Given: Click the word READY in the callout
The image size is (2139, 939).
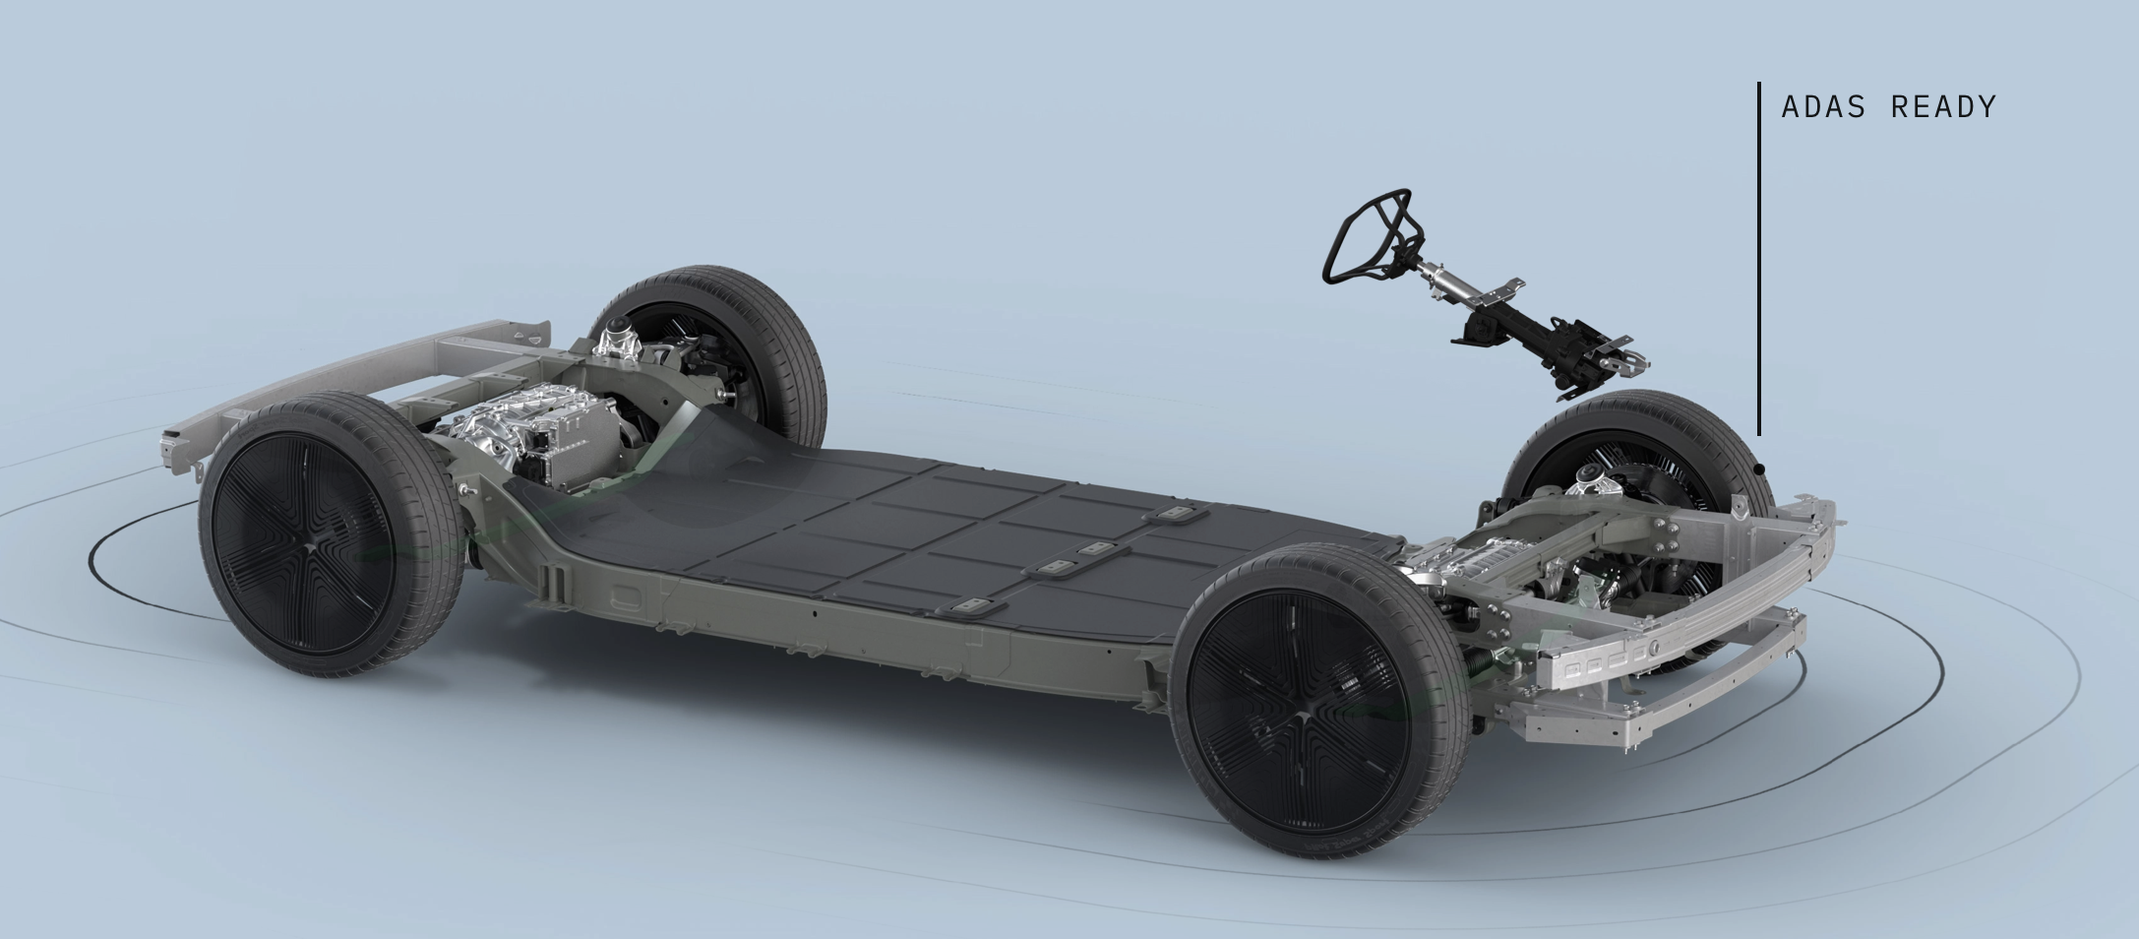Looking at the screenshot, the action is click(x=1944, y=106).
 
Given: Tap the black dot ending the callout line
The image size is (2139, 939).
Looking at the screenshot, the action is click(x=1759, y=469).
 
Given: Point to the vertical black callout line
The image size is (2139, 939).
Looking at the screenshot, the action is click(x=1759, y=259).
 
